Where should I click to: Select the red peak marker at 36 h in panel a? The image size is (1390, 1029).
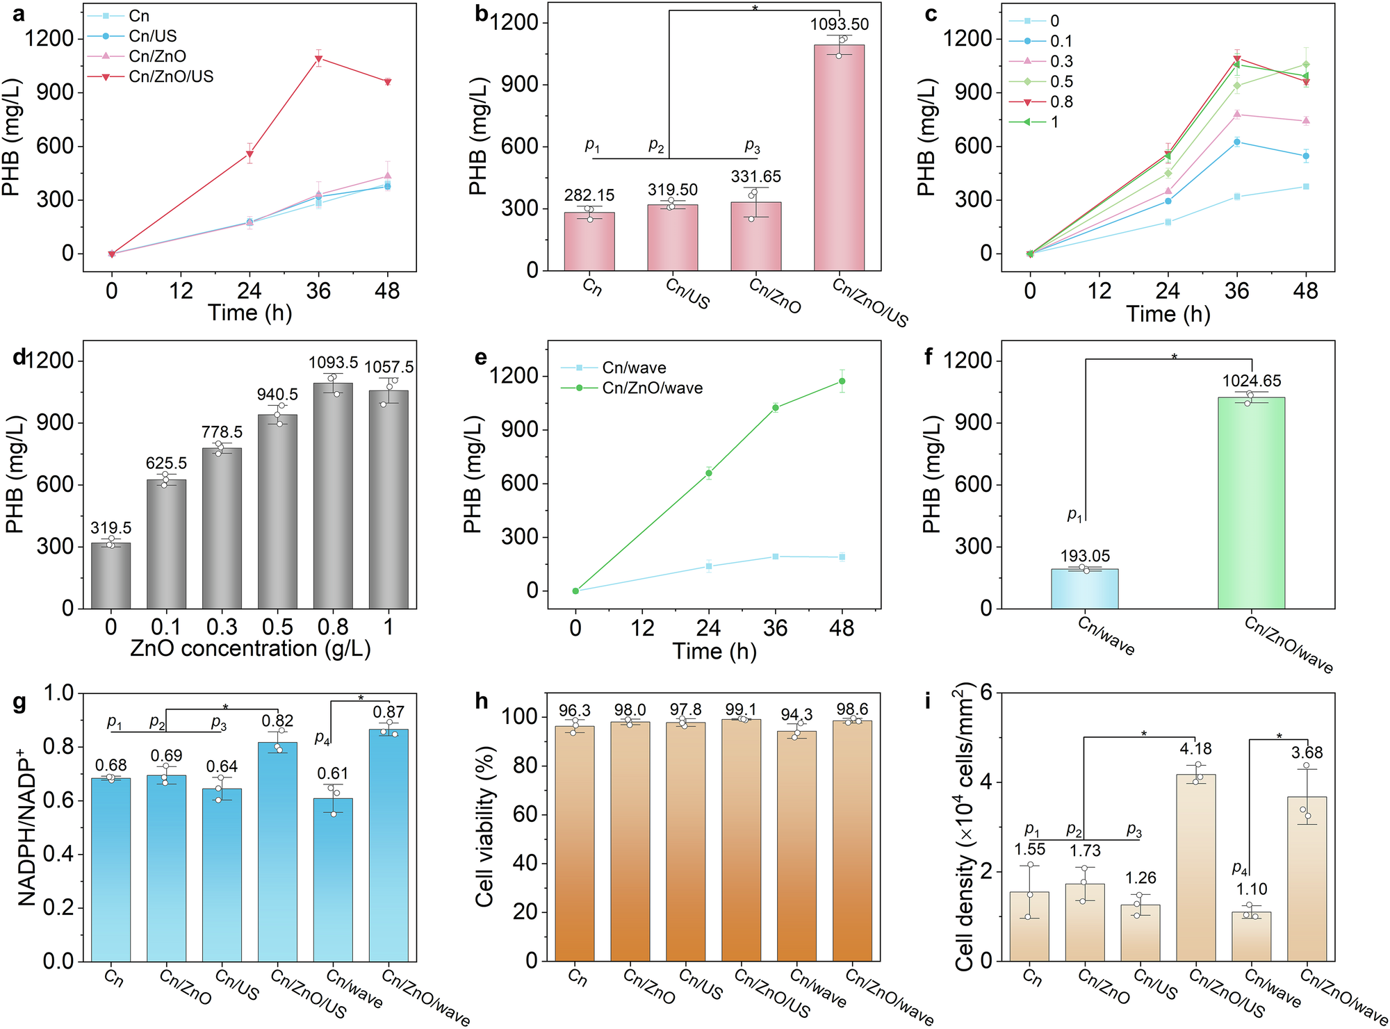point(318,59)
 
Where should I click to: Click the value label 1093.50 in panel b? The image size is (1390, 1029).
point(839,24)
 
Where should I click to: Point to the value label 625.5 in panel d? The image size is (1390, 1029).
point(166,463)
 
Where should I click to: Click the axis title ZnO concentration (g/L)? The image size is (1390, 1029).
point(250,648)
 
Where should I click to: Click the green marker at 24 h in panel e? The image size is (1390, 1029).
point(708,473)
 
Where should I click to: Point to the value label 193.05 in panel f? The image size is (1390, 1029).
point(1085,556)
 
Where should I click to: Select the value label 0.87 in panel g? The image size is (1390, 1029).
point(389,711)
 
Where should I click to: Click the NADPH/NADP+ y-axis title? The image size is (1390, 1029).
point(26,827)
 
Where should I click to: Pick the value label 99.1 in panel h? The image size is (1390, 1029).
point(741,709)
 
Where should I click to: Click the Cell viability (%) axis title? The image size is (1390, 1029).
point(484,827)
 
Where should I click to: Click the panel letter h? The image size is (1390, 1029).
point(482,701)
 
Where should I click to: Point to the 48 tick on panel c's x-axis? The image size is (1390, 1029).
point(1305,290)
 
